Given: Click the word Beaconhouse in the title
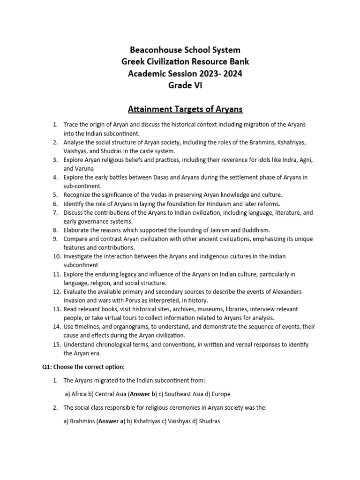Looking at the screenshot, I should tap(151, 50).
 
